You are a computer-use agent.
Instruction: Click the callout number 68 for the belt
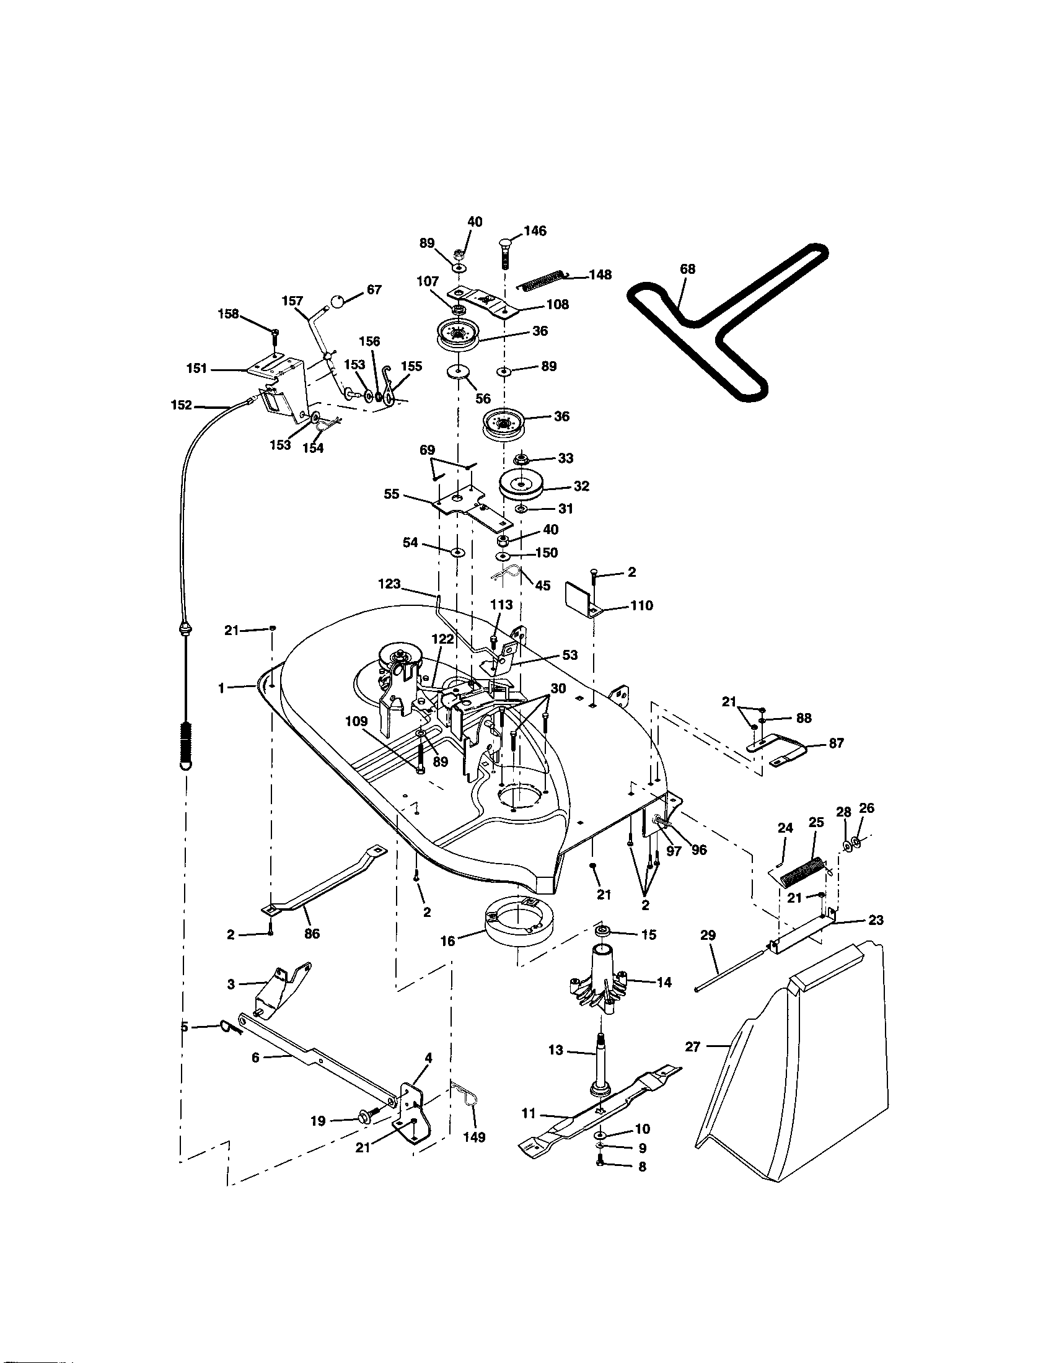click(x=687, y=269)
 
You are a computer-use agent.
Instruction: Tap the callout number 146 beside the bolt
click(x=535, y=231)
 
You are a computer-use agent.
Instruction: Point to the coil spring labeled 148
click(x=542, y=279)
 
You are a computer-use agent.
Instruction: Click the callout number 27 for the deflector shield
click(x=693, y=1046)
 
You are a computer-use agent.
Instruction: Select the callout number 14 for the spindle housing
click(x=664, y=983)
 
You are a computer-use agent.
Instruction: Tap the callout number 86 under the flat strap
click(x=312, y=934)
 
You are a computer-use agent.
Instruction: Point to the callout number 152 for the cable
click(x=181, y=405)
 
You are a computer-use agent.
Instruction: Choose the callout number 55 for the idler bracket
click(x=391, y=494)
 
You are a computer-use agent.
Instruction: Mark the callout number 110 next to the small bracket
click(x=641, y=605)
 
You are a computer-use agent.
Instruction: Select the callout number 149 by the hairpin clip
click(x=474, y=1137)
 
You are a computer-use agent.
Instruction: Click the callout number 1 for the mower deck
click(x=221, y=687)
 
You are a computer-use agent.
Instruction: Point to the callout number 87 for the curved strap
click(x=837, y=743)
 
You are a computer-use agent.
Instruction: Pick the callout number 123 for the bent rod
click(x=389, y=584)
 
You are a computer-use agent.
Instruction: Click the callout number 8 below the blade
click(x=641, y=1167)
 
